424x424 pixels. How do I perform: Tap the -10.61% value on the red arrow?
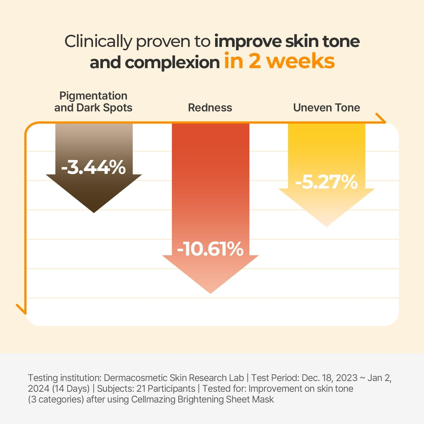(210, 249)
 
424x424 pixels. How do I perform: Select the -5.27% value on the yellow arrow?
(326, 181)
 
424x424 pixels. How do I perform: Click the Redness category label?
(210, 108)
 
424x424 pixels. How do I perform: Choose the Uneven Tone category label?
(326, 108)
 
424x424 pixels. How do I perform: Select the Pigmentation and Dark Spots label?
(93, 102)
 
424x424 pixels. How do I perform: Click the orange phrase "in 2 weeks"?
(279, 61)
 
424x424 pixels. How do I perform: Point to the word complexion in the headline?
(172, 62)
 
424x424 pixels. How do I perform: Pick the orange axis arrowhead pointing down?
(22, 310)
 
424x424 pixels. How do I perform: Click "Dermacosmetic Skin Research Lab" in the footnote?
(174, 378)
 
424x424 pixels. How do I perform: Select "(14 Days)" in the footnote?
(71, 389)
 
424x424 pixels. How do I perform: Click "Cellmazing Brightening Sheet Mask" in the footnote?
(202, 399)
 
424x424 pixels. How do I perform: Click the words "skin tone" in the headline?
(322, 41)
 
